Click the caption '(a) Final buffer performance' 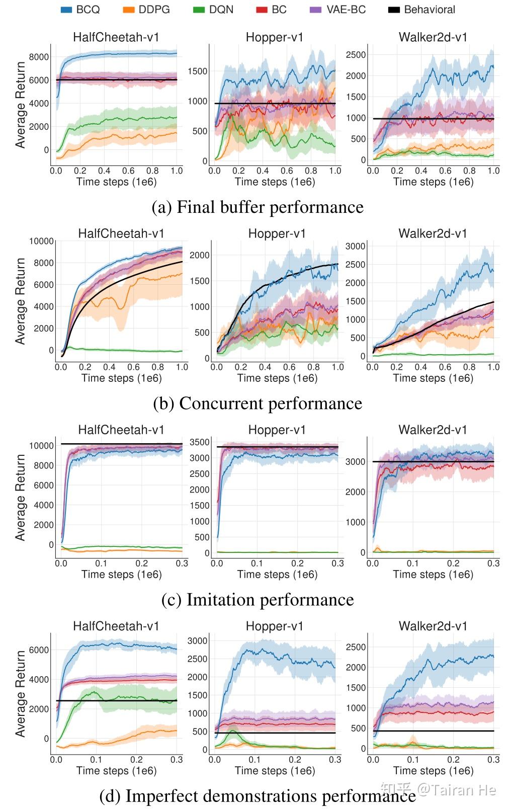pos(258,207)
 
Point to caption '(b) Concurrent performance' pos(258,403)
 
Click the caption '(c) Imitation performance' pos(258,599)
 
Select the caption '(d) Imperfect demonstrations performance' pos(258,795)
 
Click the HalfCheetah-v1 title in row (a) pos(116,37)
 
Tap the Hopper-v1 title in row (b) pos(277,233)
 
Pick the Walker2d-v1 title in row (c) pos(433,430)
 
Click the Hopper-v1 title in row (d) pos(275,626)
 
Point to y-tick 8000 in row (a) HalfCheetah pos(39,57)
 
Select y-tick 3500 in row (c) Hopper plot pos(200,442)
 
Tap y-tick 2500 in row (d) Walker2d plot pos(356,647)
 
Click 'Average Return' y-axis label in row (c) pos(20,497)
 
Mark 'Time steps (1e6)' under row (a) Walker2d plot pos(433,182)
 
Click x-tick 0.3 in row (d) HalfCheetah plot pos(176,759)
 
